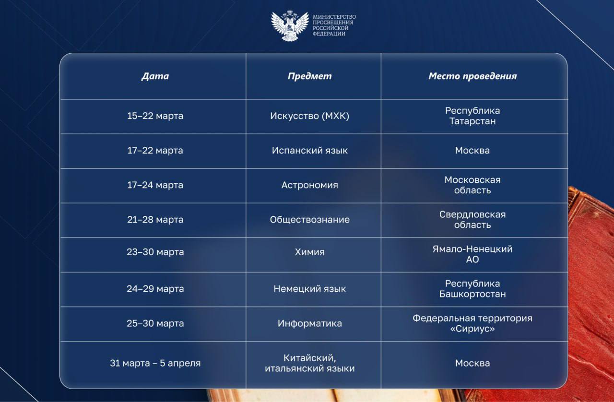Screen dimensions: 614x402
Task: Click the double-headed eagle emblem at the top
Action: coord(290,26)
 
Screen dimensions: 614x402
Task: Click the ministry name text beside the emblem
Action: coord(334,25)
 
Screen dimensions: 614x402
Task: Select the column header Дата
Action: coord(155,76)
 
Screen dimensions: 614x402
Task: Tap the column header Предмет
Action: coord(309,76)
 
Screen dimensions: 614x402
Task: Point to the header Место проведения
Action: coord(472,76)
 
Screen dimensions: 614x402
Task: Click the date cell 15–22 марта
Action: coord(155,116)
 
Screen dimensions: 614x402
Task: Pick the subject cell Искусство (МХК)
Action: coord(310,116)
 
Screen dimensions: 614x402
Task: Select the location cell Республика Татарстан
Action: coord(472,116)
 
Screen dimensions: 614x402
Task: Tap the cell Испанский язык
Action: coord(310,150)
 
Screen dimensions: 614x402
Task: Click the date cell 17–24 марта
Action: coord(155,185)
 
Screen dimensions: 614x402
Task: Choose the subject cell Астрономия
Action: coord(310,185)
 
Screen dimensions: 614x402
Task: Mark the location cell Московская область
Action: coord(472,185)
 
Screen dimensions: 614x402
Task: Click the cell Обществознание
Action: coord(310,220)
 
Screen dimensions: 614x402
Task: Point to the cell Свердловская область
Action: coord(472,219)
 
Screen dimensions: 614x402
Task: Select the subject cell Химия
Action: coord(310,252)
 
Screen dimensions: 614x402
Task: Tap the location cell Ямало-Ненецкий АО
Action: coord(472,254)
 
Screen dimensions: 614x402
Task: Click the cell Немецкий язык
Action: coord(310,289)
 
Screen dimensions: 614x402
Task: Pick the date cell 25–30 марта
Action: coord(155,323)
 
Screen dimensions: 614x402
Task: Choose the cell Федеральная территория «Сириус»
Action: coord(472,323)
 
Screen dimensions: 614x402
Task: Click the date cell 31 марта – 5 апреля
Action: coord(155,363)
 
